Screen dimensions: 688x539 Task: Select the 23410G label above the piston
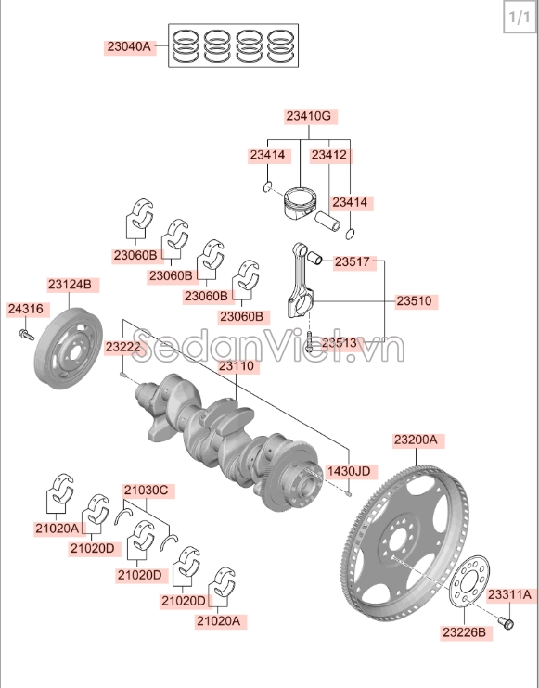click(307, 116)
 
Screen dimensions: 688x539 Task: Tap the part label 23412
click(328, 155)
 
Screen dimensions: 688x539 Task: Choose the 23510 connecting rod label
click(416, 301)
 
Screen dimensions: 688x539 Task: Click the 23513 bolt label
click(339, 342)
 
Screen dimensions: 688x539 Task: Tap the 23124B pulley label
click(70, 284)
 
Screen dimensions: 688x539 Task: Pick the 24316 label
click(25, 309)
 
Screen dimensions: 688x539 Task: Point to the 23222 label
click(122, 347)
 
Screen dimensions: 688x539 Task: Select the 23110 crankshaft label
click(236, 366)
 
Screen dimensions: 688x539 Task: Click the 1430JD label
click(349, 471)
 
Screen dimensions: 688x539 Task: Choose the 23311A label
click(509, 593)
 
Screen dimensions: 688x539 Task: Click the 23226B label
click(463, 632)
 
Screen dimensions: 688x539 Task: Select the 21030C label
click(146, 490)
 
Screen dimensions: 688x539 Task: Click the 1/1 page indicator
click(518, 18)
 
